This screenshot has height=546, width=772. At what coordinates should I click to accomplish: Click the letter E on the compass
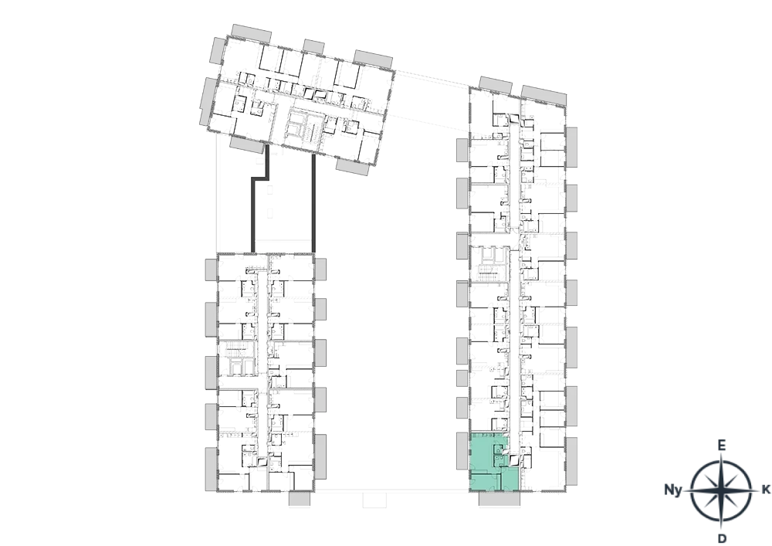click(721, 446)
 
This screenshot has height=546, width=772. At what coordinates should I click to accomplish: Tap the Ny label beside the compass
click(673, 490)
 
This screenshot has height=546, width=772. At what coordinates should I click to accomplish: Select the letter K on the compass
click(766, 490)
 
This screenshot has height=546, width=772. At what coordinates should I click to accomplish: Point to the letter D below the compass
click(722, 538)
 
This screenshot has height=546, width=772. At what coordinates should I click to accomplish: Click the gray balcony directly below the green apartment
click(499, 499)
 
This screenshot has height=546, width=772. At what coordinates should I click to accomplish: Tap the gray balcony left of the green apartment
click(462, 450)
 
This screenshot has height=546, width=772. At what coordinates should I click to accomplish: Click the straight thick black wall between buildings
click(313, 203)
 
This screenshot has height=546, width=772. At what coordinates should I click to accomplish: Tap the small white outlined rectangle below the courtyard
click(375, 500)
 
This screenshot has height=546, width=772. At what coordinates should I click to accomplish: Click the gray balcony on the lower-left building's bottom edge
click(300, 499)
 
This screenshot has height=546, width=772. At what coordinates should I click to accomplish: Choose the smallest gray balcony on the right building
click(462, 378)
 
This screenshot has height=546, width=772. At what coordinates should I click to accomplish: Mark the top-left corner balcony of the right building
click(496, 85)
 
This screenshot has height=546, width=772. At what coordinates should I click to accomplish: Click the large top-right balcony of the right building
click(543, 95)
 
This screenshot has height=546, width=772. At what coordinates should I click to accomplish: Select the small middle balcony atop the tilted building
click(313, 47)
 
